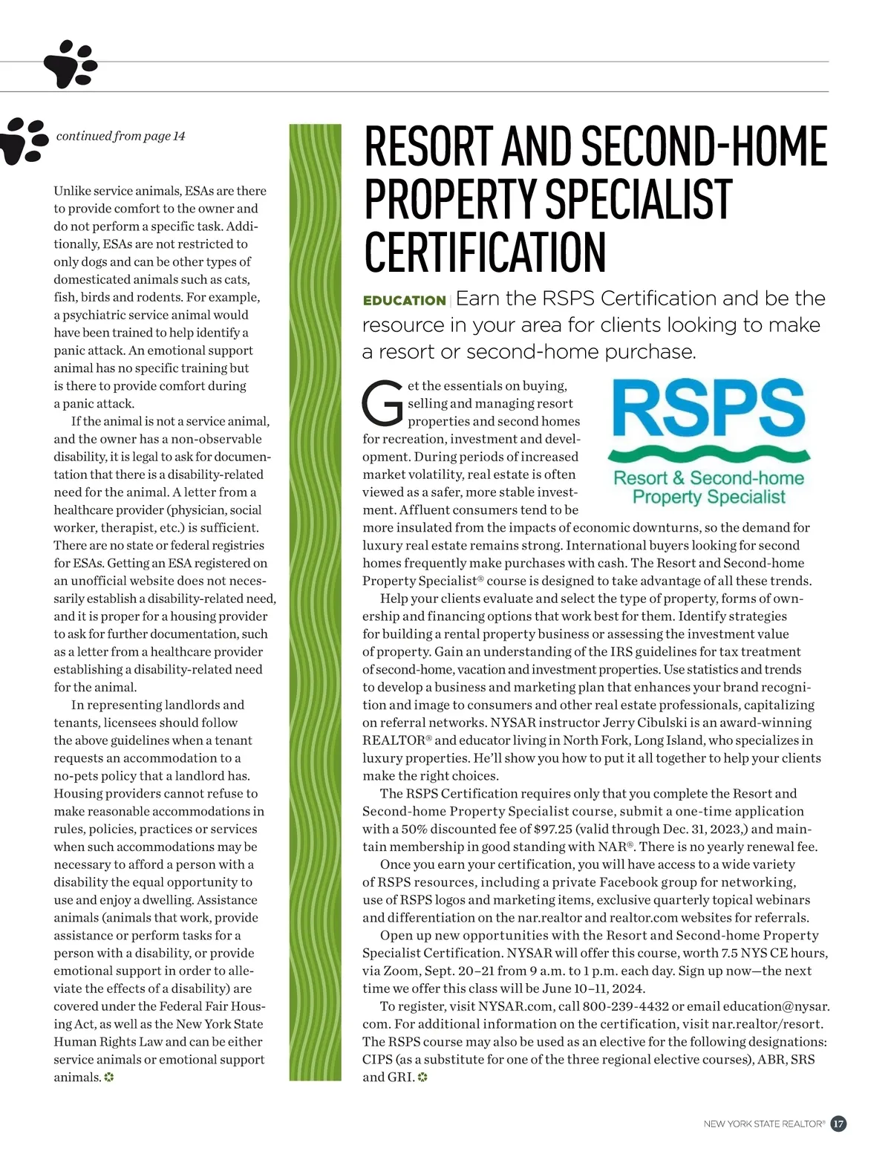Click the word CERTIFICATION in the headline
485,252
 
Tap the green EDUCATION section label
403,301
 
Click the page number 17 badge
838,1124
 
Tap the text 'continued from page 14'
120,136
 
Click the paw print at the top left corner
70,65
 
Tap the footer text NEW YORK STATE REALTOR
763,1124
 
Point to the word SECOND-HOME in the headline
705,147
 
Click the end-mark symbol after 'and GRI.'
423,1078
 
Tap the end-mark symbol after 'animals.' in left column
108,1078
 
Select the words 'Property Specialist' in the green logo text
708,497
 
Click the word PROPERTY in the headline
450,199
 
